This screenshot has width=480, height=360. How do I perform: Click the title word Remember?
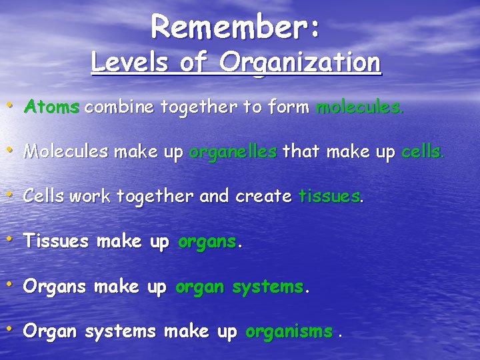tap(237, 26)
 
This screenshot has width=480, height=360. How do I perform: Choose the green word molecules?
tap(359, 106)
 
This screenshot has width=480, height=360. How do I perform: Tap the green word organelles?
tap(233, 151)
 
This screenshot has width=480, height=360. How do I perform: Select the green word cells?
tap(421, 151)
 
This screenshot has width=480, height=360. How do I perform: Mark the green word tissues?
tap(329, 197)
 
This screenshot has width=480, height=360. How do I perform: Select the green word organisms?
tap(289, 332)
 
